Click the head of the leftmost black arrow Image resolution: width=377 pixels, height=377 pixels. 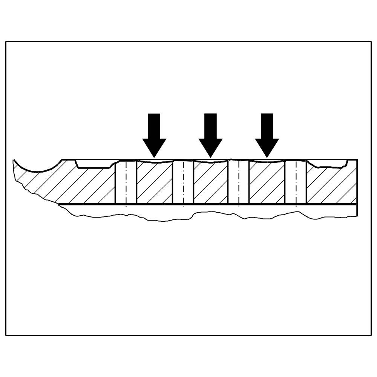point(154,146)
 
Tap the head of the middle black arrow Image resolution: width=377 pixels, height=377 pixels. point(210,146)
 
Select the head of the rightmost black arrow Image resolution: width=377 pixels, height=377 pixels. point(267,146)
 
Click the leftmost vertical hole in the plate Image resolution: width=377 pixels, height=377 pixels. point(126,182)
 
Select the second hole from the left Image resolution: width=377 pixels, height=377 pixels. point(183,182)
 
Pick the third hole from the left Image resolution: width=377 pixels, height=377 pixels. point(239,182)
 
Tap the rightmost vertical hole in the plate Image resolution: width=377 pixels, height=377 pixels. point(296,182)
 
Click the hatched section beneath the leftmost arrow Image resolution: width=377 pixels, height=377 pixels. point(155,183)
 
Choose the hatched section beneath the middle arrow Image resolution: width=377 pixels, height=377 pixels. point(211,183)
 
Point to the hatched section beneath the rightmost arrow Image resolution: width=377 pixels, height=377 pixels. point(267,183)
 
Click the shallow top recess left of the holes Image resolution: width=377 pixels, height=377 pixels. point(94,164)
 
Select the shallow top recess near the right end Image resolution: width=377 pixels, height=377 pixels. point(327,163)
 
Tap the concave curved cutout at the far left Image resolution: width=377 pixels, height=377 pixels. point(38,166)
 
